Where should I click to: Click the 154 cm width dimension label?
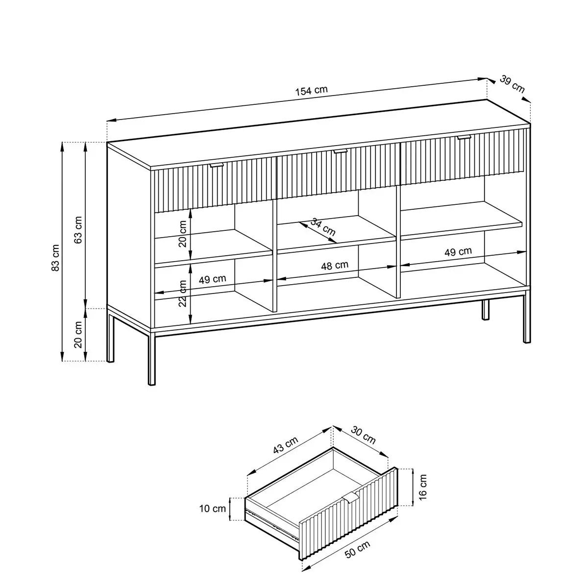311,91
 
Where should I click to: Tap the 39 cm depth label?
512,84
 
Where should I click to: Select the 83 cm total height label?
55,258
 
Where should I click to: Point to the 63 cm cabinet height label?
78,230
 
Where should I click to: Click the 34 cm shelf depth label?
323,226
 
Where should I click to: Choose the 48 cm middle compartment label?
335,266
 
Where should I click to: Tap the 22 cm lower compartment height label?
182,293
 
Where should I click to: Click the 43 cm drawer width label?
285,445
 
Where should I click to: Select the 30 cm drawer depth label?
363,435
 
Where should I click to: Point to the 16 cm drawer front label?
422,491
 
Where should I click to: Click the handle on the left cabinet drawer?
217,165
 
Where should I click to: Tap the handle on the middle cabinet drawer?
340,151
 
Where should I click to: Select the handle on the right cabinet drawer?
464,137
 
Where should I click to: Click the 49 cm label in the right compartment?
458,251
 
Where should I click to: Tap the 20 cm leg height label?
78,335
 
